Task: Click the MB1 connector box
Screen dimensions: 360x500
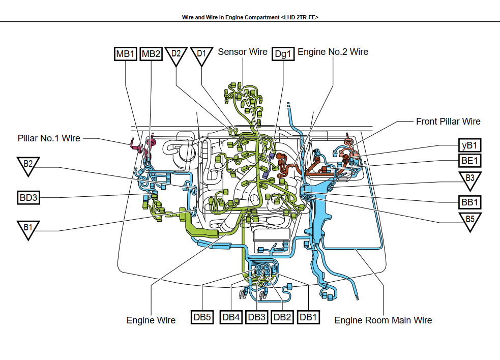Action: point(125,54)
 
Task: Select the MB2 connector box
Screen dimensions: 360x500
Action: point(151,54)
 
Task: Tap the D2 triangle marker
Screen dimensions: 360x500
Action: point(177,55)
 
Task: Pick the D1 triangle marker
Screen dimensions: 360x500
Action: point(202,55)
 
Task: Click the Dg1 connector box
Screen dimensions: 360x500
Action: point(283,54)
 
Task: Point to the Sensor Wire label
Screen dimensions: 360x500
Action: point(243,52)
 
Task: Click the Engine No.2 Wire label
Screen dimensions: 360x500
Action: point(333,52)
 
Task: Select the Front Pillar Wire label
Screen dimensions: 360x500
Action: point(448,122)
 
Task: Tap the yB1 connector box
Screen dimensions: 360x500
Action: point(469,145)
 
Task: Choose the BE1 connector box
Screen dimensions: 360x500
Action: point(469,161)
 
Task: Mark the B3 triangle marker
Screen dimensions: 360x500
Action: point(470,179)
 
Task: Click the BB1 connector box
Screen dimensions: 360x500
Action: point(469,202)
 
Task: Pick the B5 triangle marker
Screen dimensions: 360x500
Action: point(470,221)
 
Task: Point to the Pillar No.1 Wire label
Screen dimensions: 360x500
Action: point(49,138)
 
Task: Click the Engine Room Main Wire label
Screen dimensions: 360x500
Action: point(383,320)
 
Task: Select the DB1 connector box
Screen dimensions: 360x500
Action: point(309,317)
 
